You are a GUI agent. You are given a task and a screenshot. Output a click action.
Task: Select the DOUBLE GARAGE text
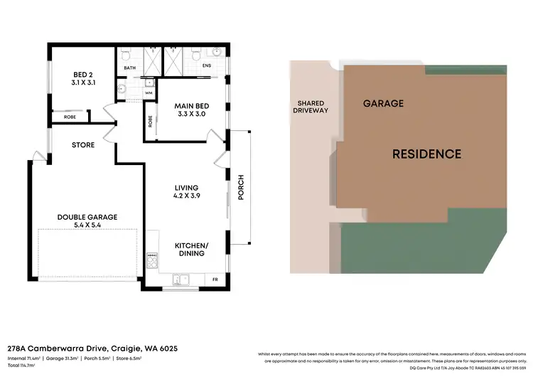87,221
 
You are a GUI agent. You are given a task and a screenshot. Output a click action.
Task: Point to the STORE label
83,145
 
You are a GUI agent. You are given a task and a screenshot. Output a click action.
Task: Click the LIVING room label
186,192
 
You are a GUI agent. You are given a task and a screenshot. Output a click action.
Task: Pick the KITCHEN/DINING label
191,248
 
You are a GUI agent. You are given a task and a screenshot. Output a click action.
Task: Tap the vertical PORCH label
241,186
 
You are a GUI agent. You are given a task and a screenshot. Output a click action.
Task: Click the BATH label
130,68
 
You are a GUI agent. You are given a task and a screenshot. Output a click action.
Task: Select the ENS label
207,66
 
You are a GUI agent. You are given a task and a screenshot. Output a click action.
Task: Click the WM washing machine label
149,92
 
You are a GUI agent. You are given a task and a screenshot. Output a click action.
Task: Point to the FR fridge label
216,280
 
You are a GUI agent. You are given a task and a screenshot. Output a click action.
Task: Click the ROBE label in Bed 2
70,117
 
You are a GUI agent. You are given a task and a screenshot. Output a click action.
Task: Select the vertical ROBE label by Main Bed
151,120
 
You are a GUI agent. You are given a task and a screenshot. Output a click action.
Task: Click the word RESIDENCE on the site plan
427,154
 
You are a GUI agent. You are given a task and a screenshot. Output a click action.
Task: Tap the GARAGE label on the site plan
383,103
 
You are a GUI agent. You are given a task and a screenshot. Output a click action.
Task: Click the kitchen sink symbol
180,279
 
